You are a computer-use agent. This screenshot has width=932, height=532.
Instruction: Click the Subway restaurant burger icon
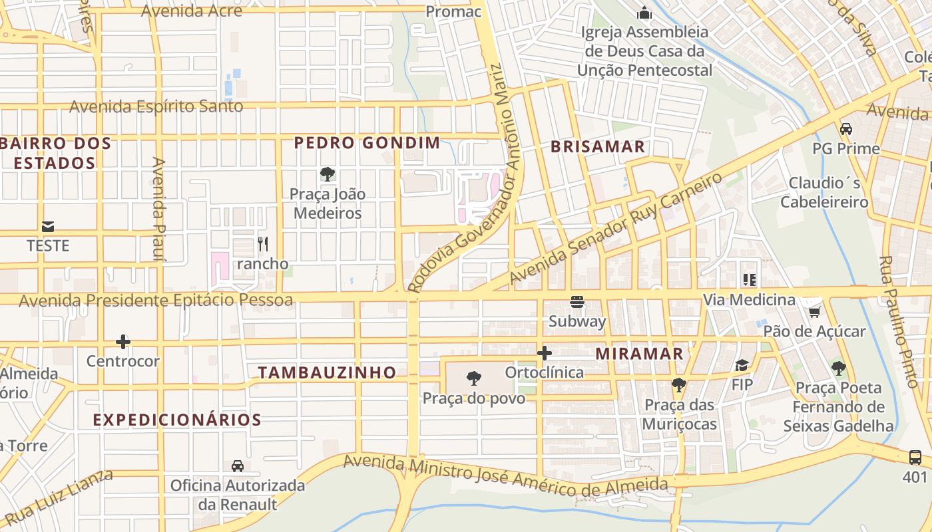click(577, 303)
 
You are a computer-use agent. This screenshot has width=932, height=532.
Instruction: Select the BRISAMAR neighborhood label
click(598, 147)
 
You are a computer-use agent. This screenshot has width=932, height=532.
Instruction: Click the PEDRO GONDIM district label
click(367, 142)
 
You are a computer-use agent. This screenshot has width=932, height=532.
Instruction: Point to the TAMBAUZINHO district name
click(327, 372)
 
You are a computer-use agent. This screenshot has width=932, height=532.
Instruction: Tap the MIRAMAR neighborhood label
click(639, 354)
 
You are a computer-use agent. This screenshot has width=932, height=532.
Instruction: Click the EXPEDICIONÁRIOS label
click(177, 420)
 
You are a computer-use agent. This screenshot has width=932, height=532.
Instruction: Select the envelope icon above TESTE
click(48, 227)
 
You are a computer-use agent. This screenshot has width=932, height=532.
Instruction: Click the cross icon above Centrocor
click(123, 342)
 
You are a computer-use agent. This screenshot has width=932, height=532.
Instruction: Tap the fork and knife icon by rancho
click(262, 244)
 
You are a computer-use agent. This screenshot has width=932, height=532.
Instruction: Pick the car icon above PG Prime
click(846, 129)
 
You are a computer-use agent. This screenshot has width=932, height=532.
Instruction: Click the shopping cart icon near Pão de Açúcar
click(814, 311)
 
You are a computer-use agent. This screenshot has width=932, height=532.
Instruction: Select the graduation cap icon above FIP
click(742, 365)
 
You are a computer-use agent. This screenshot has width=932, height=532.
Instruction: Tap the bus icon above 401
click(915, 458)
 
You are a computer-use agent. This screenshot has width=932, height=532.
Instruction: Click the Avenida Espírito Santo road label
click(156, 106)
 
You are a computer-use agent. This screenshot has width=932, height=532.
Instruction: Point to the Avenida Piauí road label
click(158, 209)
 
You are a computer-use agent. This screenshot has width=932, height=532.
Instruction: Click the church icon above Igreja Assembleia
click(644, 13)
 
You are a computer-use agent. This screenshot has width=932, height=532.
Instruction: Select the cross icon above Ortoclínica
click(545, 353)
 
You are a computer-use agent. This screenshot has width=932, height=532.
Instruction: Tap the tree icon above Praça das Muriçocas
click(679, 385)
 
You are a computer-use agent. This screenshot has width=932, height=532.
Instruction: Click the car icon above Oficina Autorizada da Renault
click(237, 466)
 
